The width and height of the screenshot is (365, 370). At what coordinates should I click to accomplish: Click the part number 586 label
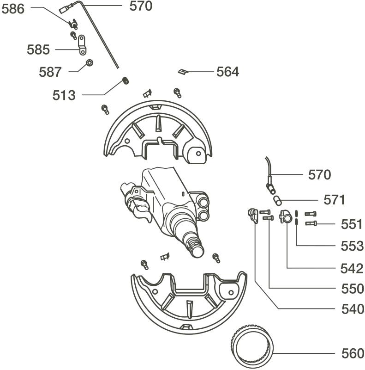13,9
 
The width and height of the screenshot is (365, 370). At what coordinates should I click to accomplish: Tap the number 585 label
38,49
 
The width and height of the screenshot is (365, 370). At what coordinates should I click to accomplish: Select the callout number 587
50,72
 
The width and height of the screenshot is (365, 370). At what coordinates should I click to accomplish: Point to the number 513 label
64,95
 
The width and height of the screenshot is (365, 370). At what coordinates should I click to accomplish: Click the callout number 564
227,72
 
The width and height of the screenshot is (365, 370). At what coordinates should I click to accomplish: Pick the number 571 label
334,200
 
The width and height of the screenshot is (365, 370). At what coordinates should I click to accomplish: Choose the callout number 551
352,224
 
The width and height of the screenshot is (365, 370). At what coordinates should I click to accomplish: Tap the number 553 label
352,246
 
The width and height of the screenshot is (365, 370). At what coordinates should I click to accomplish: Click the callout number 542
352,268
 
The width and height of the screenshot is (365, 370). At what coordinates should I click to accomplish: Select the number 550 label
353,288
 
